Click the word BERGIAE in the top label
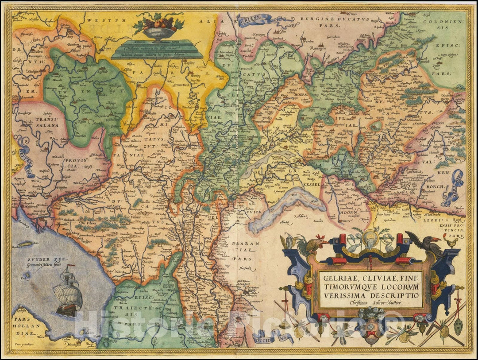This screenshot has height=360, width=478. (x=320, y=19)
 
